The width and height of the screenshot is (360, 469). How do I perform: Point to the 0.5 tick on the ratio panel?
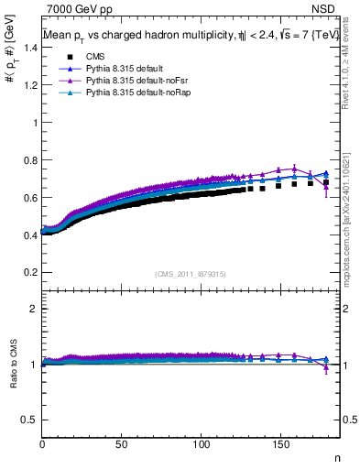28,420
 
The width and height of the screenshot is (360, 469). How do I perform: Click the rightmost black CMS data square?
326,183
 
